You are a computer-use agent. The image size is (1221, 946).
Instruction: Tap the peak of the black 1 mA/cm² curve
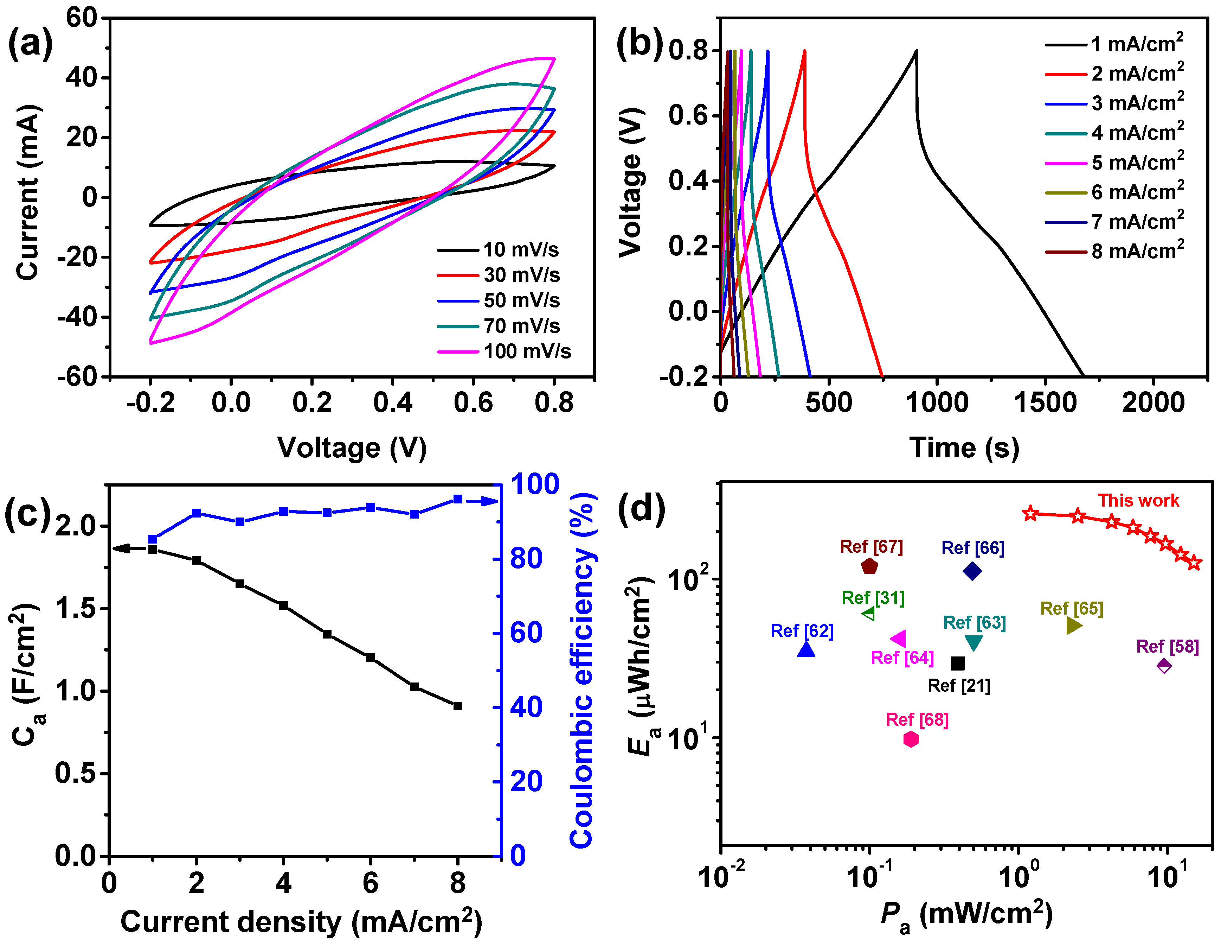pyautogui.click(x=916, y=51)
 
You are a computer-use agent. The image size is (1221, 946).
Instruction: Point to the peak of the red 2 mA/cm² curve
pyautogui.click(x=804, y=51)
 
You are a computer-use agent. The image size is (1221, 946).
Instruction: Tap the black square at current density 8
pyautogui.click(x=458, y=706)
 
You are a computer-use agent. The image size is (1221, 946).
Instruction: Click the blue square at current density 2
pyautogui.click(x=196, y=513)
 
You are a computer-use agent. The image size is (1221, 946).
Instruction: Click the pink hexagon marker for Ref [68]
pyautogui.click(x=911, y=739)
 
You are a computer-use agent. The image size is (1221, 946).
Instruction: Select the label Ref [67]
pyautogui.click(x=871, y=547)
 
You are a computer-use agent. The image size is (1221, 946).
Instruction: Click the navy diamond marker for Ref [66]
pyautogui.click(x=972, y=571)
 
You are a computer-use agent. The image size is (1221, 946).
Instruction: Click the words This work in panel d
pyautogui.click(x=1138, y=500)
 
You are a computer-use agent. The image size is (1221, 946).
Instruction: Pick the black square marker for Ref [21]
pyautogui.click(x=958, y=664)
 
